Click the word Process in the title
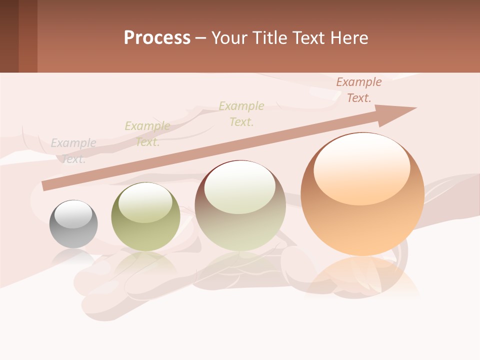tap(157, 38)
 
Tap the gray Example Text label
tap(73, 150)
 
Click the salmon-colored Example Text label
tap(359, 90)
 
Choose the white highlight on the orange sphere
tap(361, 170)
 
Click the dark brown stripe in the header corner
tap(9, 36)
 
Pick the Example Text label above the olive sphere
tap(147, 133)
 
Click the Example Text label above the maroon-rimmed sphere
tap(241, 113)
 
